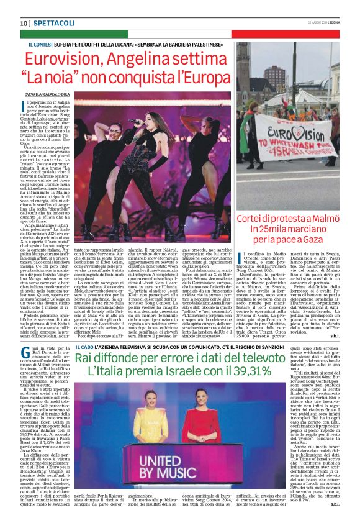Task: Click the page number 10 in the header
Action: coord(24,23)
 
